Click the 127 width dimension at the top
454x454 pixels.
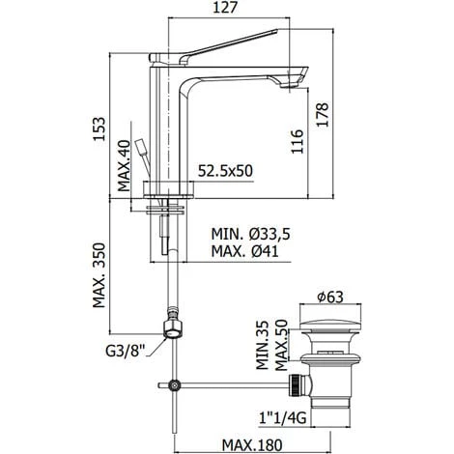[224, 11]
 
